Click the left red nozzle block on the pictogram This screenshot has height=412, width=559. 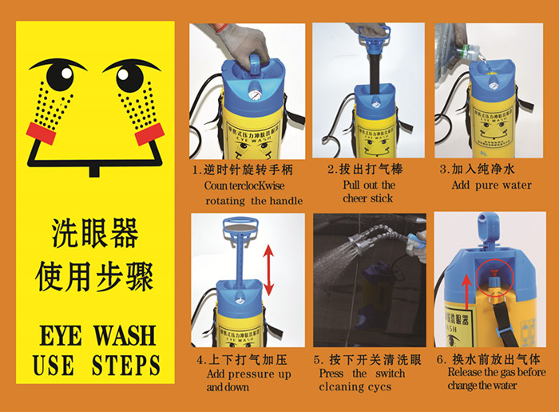pyautogui.click(x=42, y=133)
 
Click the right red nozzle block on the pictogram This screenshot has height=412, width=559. pyautogui.click(x=149, y=134)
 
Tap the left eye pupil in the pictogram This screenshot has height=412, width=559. pyautogui.click(x=60, y=76)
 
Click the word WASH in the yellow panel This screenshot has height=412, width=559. pyautogui.click(x=125, y=335)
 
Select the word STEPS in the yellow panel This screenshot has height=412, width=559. pyautogui.click(x=126, y=365)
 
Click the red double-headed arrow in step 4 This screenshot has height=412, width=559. pyautogui.click(x=268, y=270)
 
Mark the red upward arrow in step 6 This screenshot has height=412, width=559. pyautogui.click(x=466, y=291)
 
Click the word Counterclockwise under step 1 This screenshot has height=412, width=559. pyautogui.click(x=244, y=186)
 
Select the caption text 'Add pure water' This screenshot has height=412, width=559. pyautogui.click(x=492, y=186)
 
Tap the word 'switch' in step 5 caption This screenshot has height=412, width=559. pyautogui.click(x=391, y=374)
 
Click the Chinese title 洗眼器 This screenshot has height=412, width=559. pyautogui.click(x=95, y=234)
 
